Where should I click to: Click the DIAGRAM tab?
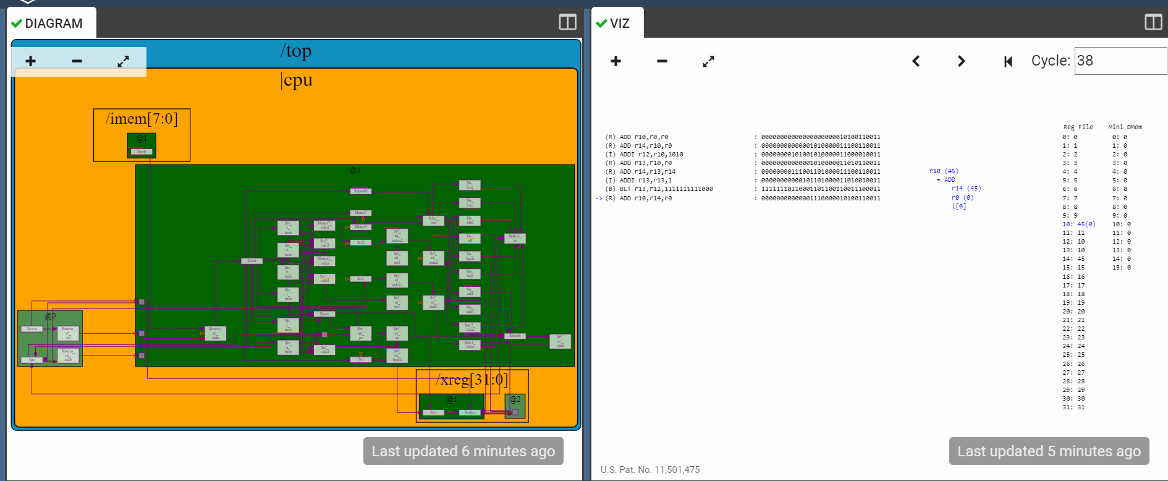click(53, 23)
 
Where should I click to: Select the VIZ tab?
click(618, 23)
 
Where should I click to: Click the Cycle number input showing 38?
click(1119, 61)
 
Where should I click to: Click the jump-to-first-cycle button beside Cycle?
click(1008, 61)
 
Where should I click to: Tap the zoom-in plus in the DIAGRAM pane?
click(30, 61)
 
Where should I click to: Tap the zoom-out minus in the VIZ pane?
click(662, 61)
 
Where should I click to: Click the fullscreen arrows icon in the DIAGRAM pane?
click(123, 61)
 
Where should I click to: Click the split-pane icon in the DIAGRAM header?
click(567, 22)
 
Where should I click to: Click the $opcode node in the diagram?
click(361, 191)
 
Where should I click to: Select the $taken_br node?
click(515, 237)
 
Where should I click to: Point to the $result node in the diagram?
click(515, 336)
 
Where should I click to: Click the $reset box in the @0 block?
click(32, 329)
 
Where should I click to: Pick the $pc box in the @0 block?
click(32, 359)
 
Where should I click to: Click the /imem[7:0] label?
click(142, 119)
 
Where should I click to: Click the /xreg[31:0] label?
click(472, 380)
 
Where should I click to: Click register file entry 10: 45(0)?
click(1078, 224)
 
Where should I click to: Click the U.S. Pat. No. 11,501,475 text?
click(650, 470)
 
